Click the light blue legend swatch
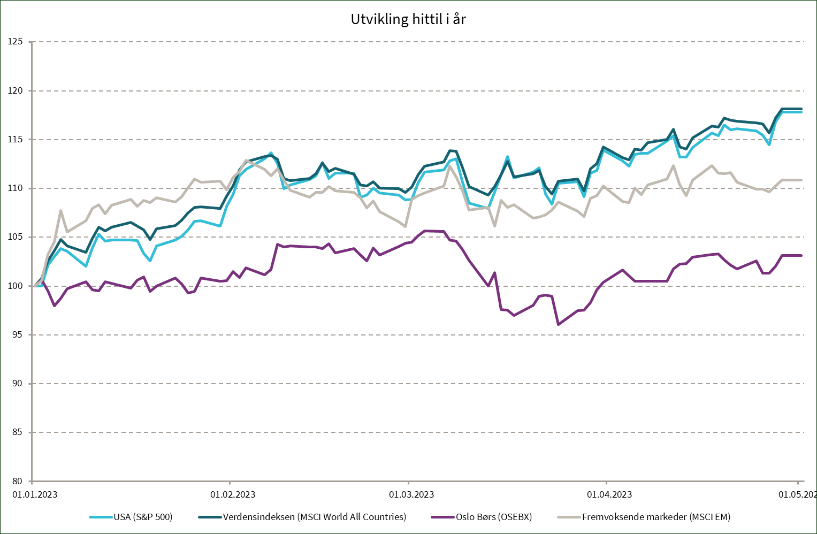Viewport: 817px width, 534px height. pos(101,517)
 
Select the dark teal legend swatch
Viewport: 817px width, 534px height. pos(210,517)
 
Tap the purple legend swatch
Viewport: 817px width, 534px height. pos(442,517)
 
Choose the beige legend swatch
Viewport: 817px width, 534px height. pos(569,517)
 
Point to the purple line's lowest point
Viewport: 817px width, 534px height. pos(558,324)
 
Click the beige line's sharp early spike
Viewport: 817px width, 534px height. pos(60,210)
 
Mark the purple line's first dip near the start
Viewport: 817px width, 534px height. pos(55,306)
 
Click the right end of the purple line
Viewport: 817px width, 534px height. pos(801,256)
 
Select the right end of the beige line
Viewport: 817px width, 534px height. pos(801,180)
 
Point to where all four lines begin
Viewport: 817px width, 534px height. pos(35,286)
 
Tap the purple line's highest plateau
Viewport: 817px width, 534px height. pos(433,231)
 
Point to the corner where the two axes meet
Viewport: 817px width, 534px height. pos(32,480)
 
